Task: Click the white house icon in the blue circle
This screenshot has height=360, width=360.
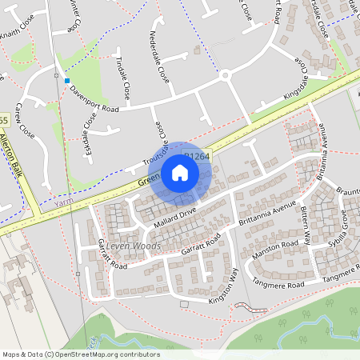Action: (x=180, y=172)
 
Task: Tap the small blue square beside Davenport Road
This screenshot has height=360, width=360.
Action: (x=67, y=81)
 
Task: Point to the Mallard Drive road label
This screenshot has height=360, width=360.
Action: (x=175, y=218)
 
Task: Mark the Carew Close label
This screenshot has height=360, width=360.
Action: (x=25, y=119)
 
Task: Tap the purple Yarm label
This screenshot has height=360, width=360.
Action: (x=63, y=203)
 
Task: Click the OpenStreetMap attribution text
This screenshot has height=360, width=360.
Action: (x=81, y=354)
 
